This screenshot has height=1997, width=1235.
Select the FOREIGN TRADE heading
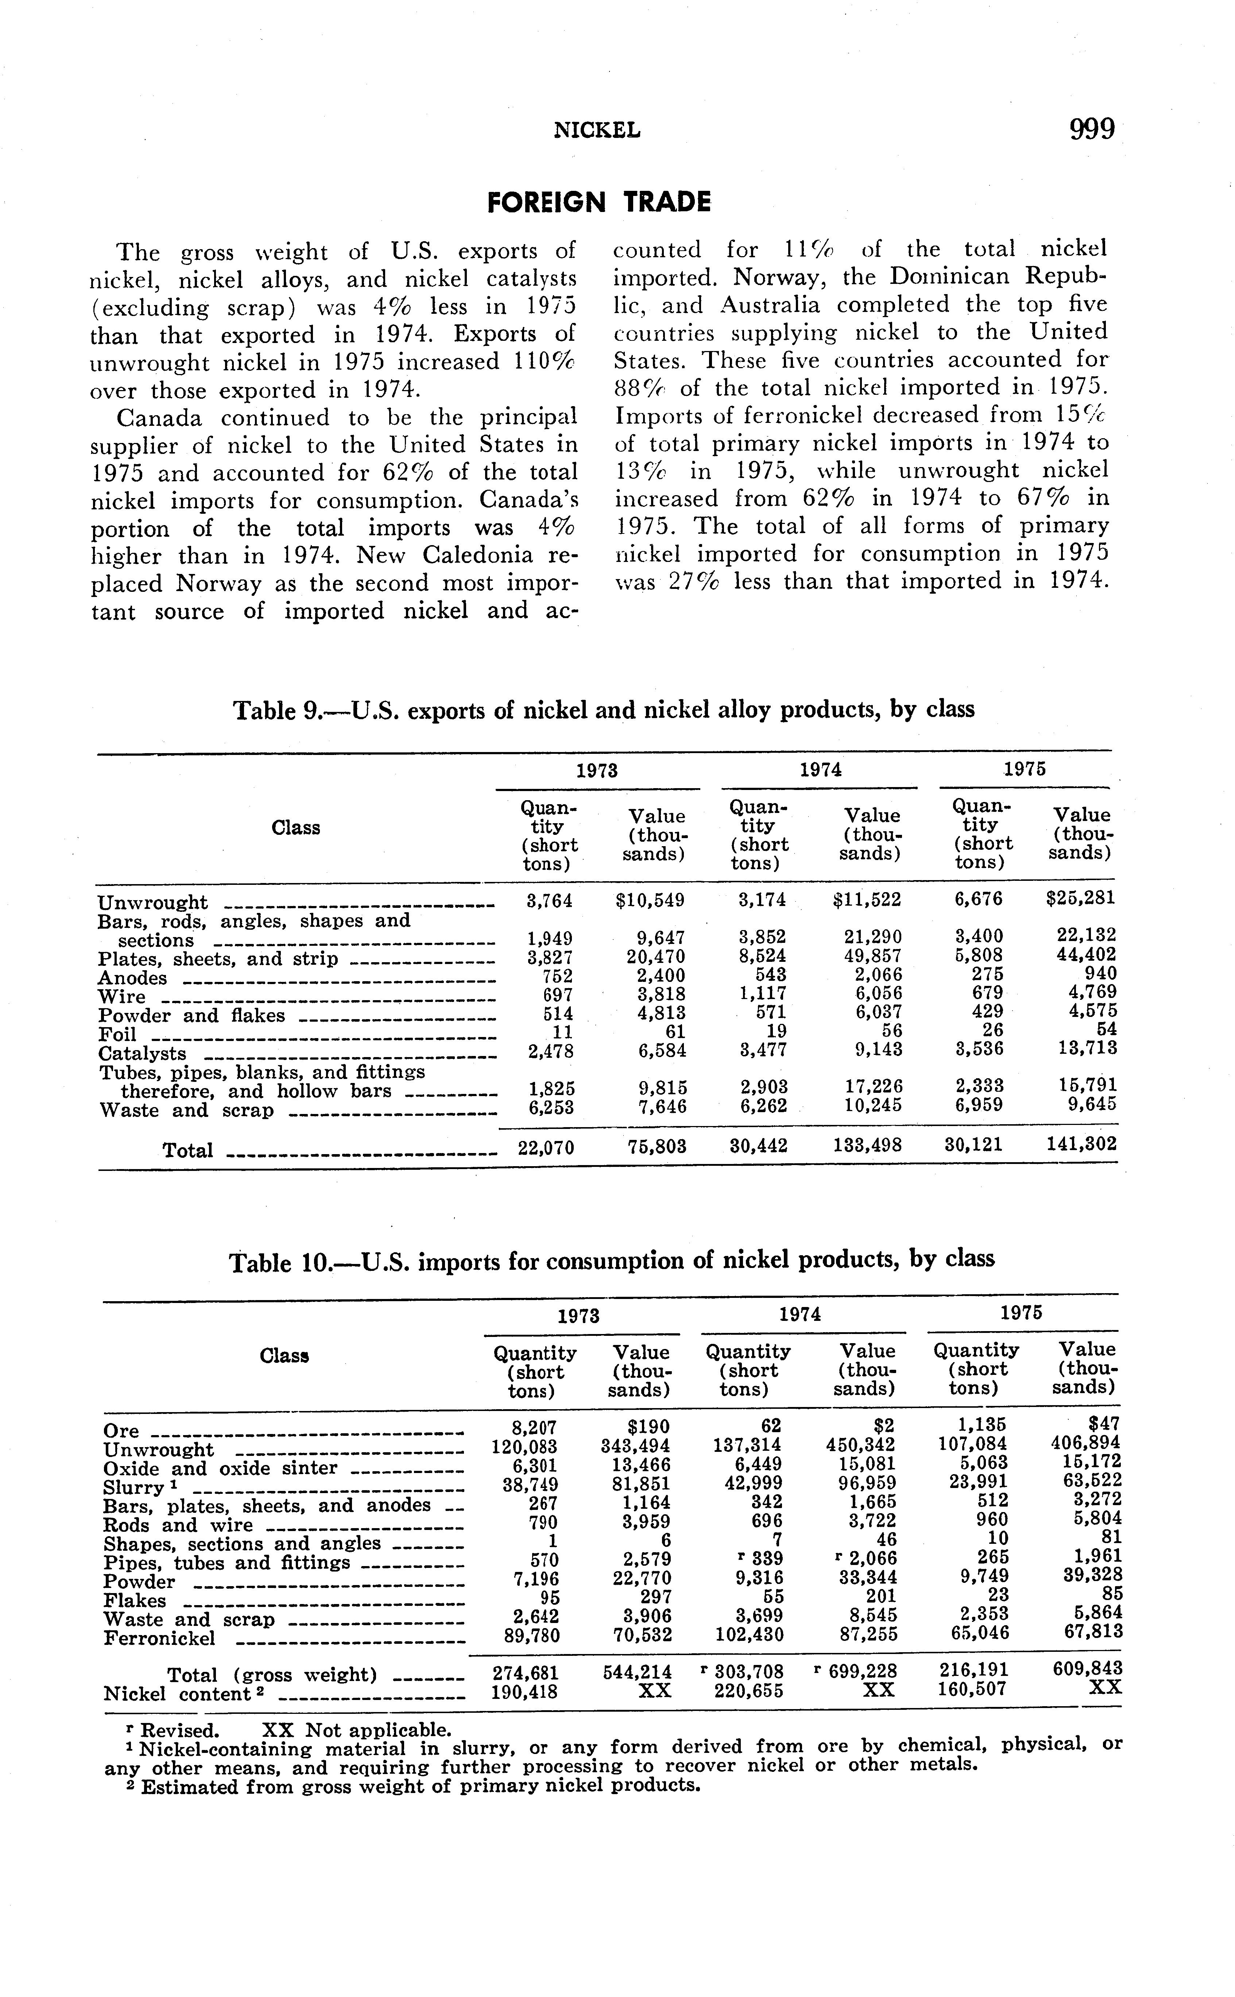(599, 202)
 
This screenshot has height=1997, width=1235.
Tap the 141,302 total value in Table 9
(1081, 1144)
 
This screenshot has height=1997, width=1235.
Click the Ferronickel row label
(159, 1638)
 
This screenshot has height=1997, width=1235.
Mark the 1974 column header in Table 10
(800, 1314)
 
